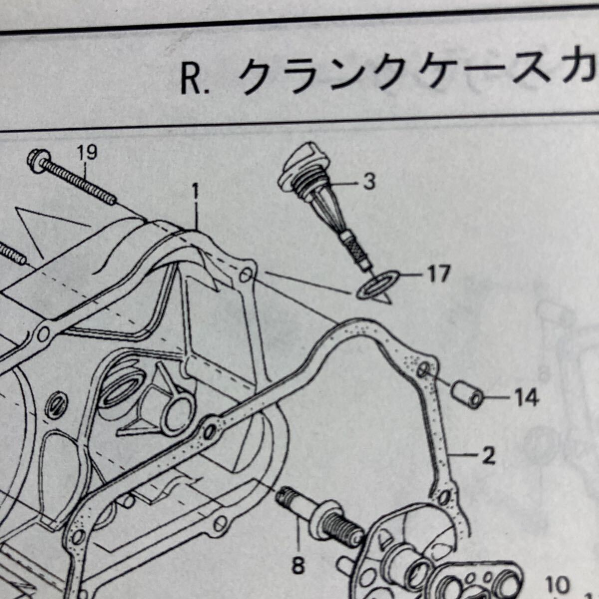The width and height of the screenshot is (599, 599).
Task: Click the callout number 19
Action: click(x=86, y=151)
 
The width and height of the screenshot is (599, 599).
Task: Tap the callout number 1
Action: click(x=196, y=190)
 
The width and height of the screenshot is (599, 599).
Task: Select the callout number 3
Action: click(x=369, y=182)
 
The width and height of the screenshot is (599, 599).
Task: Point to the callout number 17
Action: click(x=438, y=274)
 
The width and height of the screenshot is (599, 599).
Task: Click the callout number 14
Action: click(x=527, y=398)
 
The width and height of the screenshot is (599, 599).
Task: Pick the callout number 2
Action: click(x=488, y=455)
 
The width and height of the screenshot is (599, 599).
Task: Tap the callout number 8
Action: click(x=298, y=566)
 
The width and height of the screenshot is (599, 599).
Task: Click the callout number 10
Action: click(x=558, y=585)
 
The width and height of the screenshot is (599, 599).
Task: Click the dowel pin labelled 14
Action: click(x=467, y=394)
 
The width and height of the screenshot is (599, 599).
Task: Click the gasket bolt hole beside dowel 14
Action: click(x=422, y=370)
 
